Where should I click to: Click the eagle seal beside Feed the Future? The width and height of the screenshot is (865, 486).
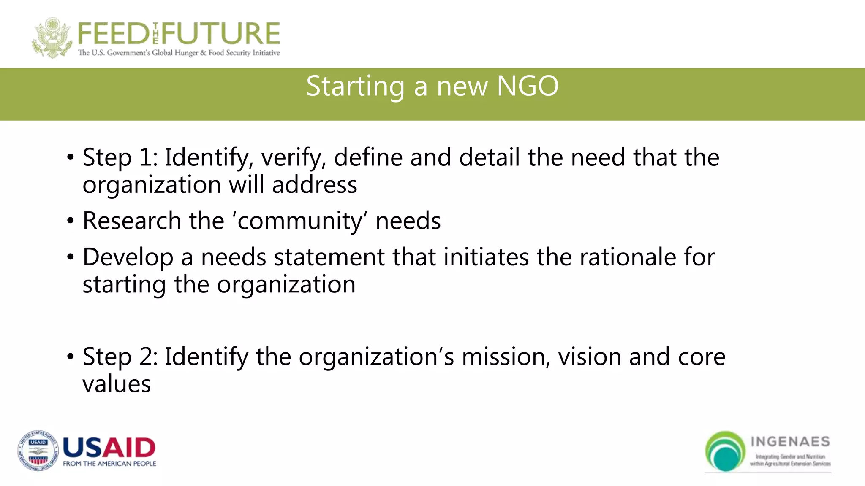[52, 38]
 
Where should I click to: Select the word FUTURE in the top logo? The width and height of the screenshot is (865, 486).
[221, 34]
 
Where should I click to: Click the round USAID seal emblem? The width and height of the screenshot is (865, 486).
[38, 451]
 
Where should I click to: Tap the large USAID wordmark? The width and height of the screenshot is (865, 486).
[109, 448]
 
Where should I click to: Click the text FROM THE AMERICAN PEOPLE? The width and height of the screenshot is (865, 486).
[109, 464]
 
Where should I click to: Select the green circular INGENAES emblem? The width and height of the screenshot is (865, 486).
[725, 451]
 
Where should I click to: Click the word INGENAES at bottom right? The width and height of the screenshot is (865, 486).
[790, 442]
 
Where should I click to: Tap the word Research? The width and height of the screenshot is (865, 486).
[132, 221]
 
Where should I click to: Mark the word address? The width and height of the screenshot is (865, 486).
[315, 185]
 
